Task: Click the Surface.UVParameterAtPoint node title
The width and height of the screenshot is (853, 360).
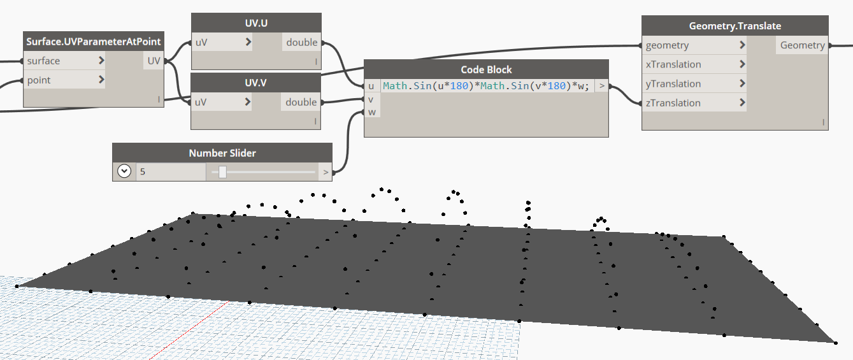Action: [94, 41]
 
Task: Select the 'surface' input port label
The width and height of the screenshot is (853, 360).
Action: [43, 61]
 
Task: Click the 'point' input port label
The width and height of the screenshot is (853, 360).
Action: [39, 80]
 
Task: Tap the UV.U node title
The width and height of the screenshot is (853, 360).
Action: [256, 23]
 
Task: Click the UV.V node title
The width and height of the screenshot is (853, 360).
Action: [256, 83]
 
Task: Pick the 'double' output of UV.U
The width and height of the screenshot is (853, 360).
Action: [301, 43]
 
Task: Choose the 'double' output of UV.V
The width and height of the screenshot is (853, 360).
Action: [301, 103]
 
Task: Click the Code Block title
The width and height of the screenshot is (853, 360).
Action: [486, 69]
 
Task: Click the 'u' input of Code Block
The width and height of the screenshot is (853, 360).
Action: [371, 86]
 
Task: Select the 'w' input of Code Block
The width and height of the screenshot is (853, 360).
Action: [371, 112]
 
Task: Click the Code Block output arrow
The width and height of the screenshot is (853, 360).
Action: [601, 86]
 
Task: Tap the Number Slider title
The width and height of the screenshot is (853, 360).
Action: [222, 153]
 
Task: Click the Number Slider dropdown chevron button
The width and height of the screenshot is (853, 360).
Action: [124, 171]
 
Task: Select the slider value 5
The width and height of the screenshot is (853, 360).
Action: [143, 171]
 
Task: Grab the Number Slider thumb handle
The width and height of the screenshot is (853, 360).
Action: [222, 171]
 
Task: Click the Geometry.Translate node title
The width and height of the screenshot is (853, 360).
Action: [735, 26]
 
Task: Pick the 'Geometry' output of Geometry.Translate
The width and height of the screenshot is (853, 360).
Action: [802, 45]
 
